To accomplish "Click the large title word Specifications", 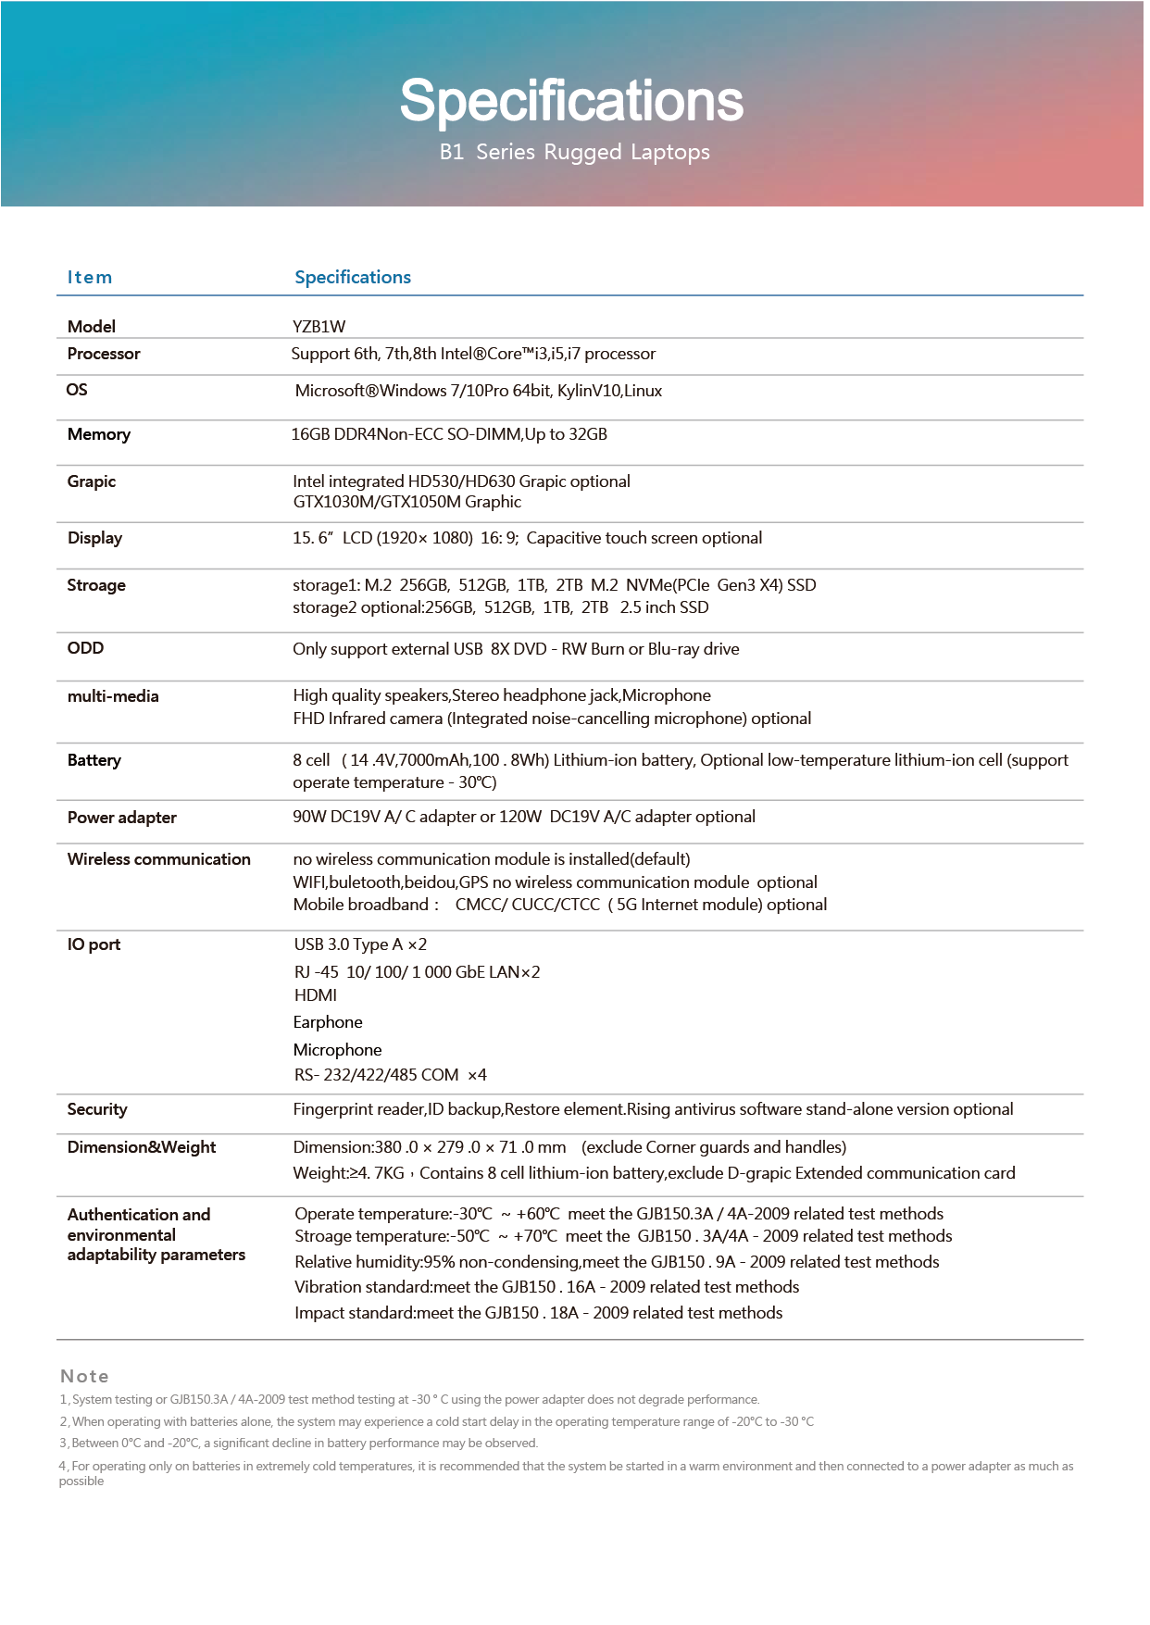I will [x=571, y=101].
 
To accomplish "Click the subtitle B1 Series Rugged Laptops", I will [x=574, y=152].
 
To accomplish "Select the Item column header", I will [x=90, y=277].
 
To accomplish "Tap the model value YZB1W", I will [x=319, y=326].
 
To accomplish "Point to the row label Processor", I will [x=104, y=354].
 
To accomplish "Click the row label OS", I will [x=77, y=390].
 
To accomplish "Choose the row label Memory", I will [x=99, y=434].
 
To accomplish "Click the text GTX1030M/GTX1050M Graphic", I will [x=407, y=502].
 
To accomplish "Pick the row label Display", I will [x=94, y=538].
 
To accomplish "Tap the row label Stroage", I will [x=96, y=585].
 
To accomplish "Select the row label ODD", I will [x=85, y=648].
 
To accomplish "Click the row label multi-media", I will [x=113, y=696].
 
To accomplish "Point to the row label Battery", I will [x=94, y=760].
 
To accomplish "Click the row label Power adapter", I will [x=122, y=818].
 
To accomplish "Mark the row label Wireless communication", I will [x=159, y=859].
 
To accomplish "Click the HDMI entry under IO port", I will [x=315, y=995].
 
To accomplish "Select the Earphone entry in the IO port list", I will [x=328, y=1022].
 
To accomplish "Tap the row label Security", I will [x=97, y=1109].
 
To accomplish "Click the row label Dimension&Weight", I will [x=142, y=1147].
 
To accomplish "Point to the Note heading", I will [x=84, y=1376].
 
